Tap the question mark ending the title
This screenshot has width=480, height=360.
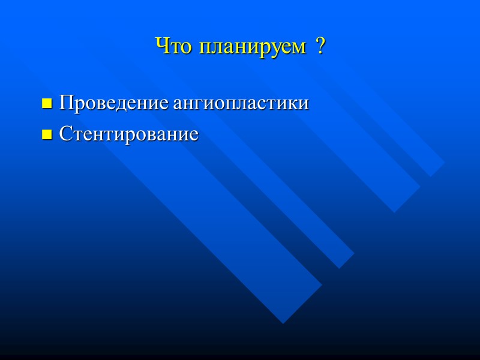tap(320, 46)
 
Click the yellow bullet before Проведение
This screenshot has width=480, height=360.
tap(46, 104)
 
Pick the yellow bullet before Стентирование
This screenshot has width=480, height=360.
tap(46, 136)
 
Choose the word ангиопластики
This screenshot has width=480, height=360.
tap(241, 104)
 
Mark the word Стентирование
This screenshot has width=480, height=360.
tap(128, 134)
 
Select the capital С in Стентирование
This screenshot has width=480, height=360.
tap(65, 134)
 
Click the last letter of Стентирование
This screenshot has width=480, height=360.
tap(193, 135)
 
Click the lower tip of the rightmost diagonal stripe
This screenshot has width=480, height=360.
tap(430, 175)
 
